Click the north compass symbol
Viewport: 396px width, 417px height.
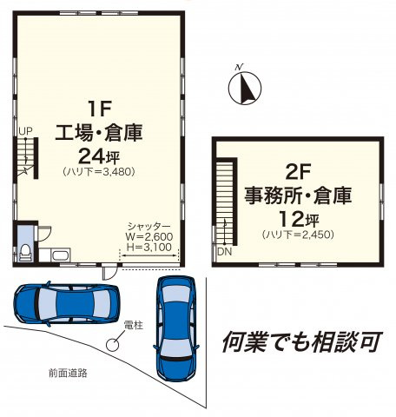coord(245,88)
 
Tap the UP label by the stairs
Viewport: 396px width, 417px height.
coord(25,131)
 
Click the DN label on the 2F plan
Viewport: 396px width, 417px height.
coord(225,252)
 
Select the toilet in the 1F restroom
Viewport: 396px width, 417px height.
coord(25,252)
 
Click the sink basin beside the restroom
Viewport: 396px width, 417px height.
coord(61,255)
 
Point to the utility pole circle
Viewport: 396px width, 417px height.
coord(112,345)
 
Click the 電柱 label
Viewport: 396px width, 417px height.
coord(134,325)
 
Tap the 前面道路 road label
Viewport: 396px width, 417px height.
coord(68,373)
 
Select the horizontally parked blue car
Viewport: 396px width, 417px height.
coord(66,303)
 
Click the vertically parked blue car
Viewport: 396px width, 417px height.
coord(176,328)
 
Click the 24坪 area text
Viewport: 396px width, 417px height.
coord(99,157)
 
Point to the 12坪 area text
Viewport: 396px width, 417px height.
coord(299,219)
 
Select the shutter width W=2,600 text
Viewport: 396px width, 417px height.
coord(149,236)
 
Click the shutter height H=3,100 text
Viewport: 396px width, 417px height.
coord(149,247)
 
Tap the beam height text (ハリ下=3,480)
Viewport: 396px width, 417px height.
coord(99,172)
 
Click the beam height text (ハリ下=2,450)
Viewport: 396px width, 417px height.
coord(298,235)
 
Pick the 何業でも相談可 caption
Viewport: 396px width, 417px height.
coord(302,341)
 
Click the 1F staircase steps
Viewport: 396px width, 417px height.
coord(25,157)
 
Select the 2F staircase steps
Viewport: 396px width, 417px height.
coord(225,202)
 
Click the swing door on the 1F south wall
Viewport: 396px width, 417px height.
coord(110,272)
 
